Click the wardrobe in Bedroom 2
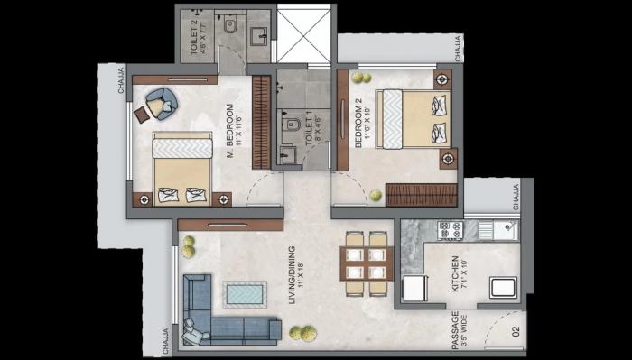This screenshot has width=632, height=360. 423,194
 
